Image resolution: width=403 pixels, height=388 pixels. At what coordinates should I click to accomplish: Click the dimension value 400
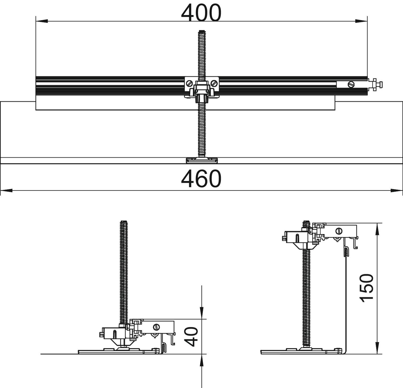point(201,12)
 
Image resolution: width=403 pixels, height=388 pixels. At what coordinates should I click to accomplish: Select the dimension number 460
point(201,179)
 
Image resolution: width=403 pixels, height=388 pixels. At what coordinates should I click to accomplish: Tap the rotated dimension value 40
point(192,337)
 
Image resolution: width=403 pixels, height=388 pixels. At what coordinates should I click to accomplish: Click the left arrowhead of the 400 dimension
point(42,21)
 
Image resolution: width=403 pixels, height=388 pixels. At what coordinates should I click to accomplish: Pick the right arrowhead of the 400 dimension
point(361,21)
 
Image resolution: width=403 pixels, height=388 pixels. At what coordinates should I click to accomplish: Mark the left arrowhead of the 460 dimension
point(6,191)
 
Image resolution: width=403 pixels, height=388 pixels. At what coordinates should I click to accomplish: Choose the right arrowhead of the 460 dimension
point(397,191)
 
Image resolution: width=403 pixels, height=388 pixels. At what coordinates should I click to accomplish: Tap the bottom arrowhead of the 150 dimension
point(377,348)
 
